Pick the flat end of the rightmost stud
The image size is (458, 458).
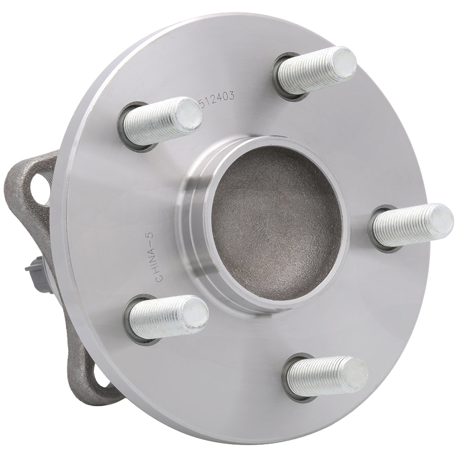[x=441, y=220]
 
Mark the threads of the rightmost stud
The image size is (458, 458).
[x=398, y=226]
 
